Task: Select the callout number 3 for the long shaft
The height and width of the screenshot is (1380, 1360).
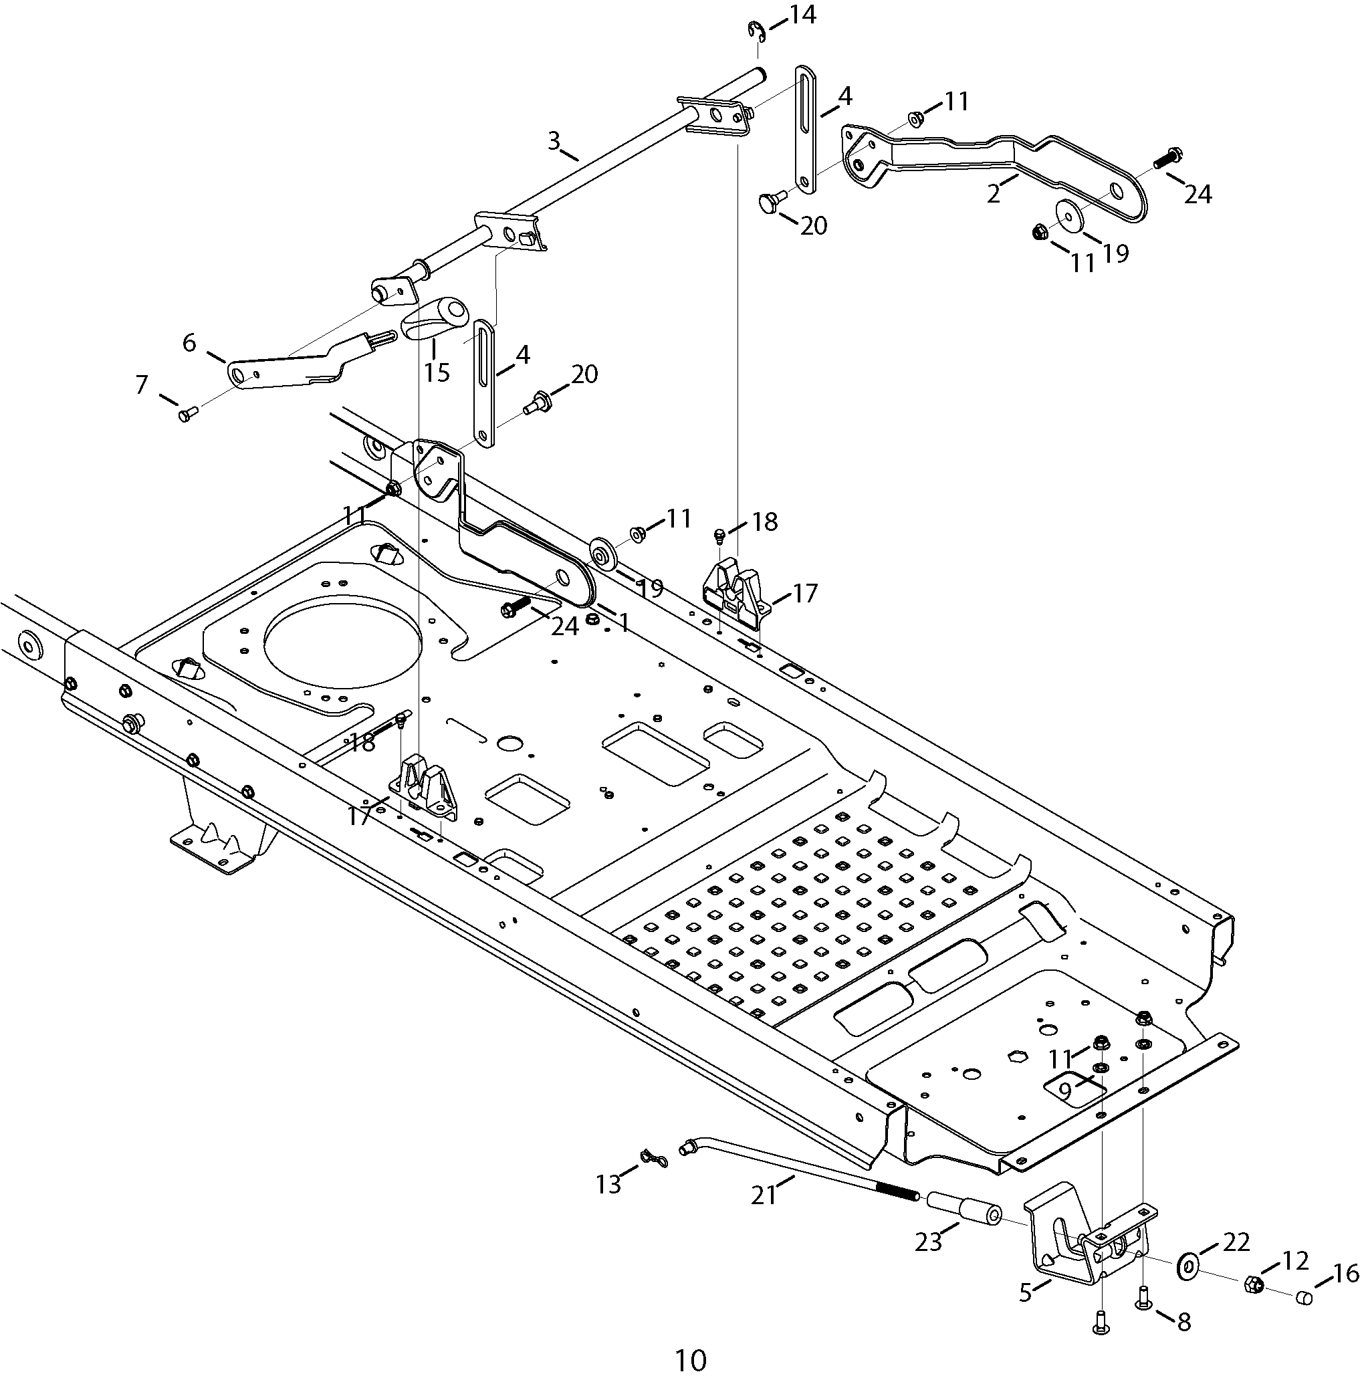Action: tap(554, 140)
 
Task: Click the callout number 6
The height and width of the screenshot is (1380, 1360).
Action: tap(189, 343)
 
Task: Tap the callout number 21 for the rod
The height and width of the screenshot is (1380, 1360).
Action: tap(763, 1194)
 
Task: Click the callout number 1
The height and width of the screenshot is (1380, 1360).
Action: tap(625, 624)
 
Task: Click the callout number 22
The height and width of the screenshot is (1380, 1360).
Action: tap(1236, 1242)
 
